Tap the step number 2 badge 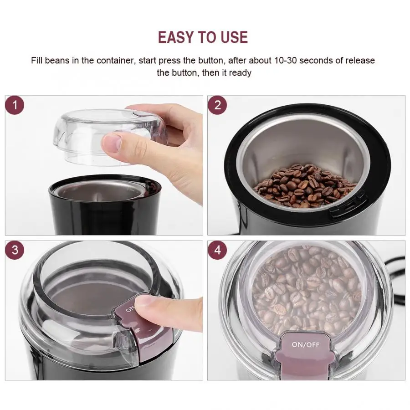pos(217,106)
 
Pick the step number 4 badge pos(217,250)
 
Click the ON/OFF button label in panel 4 pos(306,345)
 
